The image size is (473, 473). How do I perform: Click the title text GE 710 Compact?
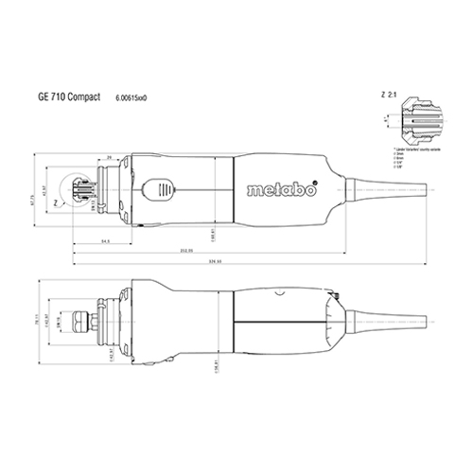(67, 96)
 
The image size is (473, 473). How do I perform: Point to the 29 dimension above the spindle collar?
(110, 156)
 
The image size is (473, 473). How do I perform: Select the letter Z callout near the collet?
(57, 201)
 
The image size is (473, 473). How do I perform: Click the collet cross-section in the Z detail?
(420, 120)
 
